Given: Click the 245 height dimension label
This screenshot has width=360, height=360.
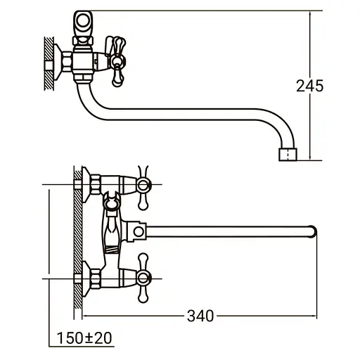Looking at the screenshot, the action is (309, 86).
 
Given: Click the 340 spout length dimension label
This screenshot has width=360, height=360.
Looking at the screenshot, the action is (200, 316).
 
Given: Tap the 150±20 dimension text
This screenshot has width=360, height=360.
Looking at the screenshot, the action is (84, 338).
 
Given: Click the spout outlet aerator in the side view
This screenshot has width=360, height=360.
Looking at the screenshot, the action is (288, 155).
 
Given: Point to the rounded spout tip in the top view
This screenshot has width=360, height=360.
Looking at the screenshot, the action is (314, 231).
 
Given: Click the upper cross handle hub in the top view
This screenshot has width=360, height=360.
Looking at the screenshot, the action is (143, 185).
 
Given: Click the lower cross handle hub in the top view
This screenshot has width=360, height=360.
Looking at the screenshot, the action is (143, 278).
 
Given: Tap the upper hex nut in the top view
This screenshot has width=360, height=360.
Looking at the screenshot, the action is (96, 185).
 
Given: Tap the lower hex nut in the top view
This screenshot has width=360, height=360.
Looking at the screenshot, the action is (96, 278).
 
